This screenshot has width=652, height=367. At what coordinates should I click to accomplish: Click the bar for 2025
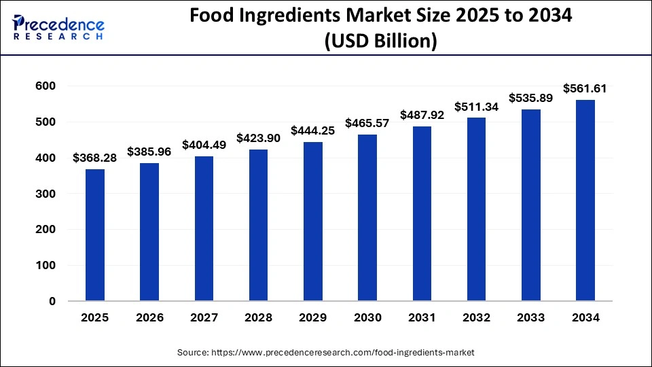95,234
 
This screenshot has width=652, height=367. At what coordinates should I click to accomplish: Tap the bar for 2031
422,213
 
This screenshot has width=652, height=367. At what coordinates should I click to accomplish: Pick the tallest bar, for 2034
585,200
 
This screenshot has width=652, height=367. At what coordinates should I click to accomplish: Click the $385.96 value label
149,152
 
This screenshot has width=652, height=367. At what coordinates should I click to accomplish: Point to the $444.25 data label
312,130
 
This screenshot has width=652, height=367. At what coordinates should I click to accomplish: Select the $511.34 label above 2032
476,107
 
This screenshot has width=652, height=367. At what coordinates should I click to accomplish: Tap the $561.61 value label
585,88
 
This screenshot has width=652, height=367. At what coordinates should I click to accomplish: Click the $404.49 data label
204,145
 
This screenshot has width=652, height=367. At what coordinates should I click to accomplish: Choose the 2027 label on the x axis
204,317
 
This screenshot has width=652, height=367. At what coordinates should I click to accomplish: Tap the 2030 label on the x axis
367,317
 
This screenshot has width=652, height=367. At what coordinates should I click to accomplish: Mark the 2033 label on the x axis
530,317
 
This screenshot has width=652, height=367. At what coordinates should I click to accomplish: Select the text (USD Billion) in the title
380,41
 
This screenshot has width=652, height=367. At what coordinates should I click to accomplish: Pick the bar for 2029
312,222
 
